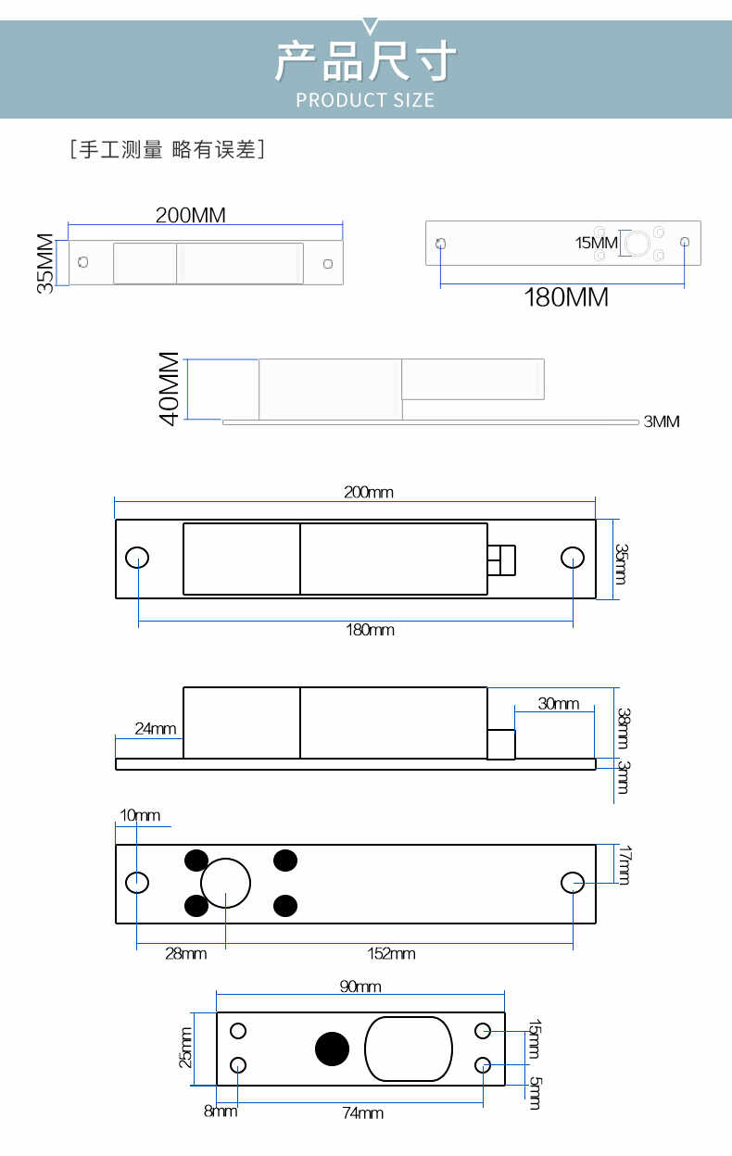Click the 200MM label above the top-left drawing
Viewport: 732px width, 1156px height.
point(191,215)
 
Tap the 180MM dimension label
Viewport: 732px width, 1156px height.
point(566,297)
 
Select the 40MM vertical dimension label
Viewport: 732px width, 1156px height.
point(170,389)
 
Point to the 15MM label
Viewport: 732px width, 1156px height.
point(596,243)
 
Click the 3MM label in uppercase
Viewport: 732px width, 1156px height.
point(662,421)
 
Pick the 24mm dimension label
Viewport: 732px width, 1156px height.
point(156,729)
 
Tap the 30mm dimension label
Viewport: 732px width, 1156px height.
point(559,703)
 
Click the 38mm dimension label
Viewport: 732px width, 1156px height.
point(623,728)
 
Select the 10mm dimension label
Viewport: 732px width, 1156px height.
point(140,815)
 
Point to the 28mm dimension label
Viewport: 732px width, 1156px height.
point(186,953)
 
